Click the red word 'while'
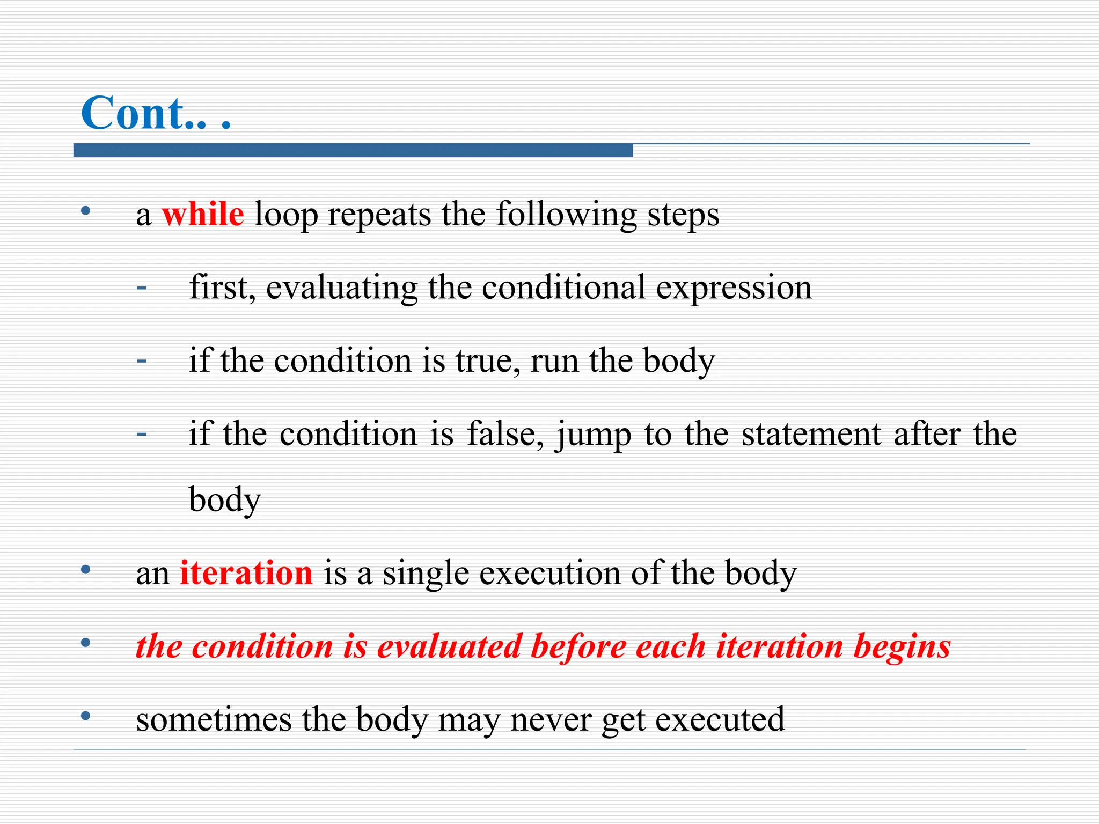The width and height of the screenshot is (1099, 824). tap(203, 214)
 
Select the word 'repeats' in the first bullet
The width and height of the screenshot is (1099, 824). tap(379, 215)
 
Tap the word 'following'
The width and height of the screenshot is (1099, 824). tap(566, 215)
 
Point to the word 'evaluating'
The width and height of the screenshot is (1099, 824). tap(342, 288)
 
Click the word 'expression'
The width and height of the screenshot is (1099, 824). tap(734, 288)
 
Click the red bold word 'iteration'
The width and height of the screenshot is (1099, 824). tap(246, 573)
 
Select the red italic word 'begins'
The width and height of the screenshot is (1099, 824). tap(902, 647)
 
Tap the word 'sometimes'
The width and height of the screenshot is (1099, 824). tap(214, 719)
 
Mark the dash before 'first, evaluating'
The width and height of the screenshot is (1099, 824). tap(142, 288)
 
